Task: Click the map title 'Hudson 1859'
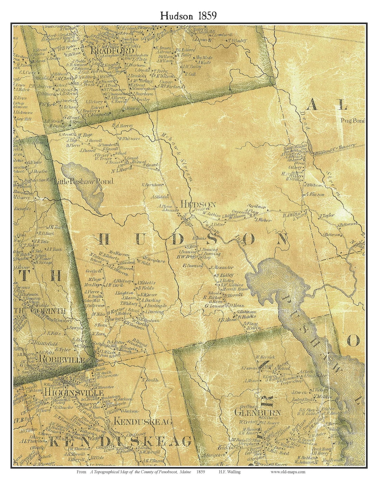[x=188, y=15]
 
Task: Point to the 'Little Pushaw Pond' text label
[x=84, y=181]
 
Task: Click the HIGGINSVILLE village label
[x=73, y=393]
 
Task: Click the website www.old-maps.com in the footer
[x=288, y=471]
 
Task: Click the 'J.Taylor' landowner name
[x=327, y=215]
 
